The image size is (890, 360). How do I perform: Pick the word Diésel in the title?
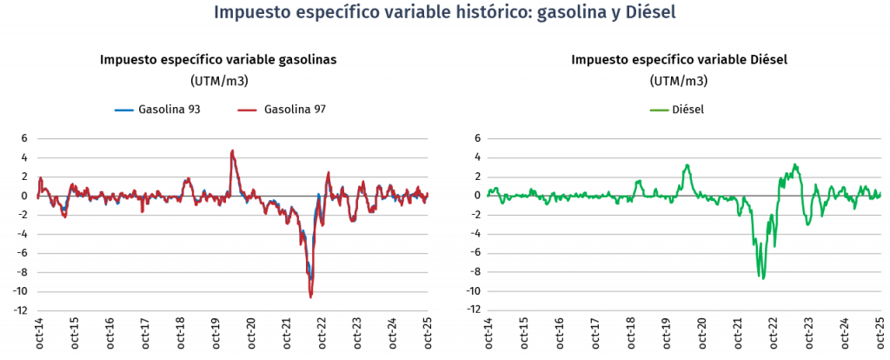click(x=650, y=13)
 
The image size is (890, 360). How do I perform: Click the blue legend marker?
click(x=124, y=110)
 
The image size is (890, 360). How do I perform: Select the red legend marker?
click(x=248, y=110)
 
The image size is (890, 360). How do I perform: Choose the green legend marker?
click(x=660, y=110)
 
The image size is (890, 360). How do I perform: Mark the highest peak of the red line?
click(x=232, y=151)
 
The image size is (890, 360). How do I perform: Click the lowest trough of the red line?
click(x=310, y=297)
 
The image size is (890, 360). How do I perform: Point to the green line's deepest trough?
click(x=762, y=278)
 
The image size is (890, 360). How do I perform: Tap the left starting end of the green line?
click(x=488, y=194)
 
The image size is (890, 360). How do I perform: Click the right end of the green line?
click(x=880, y=192)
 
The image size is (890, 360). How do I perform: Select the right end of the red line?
click(x=428, y=194)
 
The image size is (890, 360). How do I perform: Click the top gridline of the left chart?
click(x=232, y=138)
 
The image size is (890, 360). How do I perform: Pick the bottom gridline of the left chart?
click(x=232, y=310)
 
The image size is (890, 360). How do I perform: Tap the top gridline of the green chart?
click(x=683, y=138)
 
